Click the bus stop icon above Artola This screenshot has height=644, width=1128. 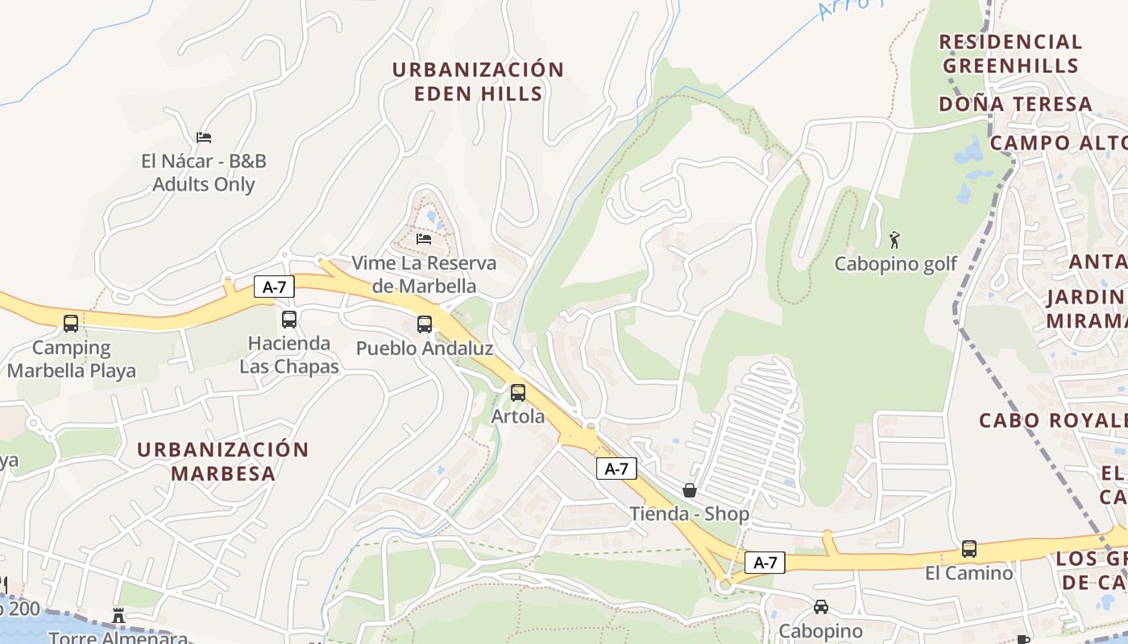coord(518,393)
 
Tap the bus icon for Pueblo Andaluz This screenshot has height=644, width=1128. coord(425,324)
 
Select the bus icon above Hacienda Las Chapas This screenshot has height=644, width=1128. coord(289,320)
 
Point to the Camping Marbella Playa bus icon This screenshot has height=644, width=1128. coord(71,324)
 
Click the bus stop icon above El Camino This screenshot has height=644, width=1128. coord(969,549)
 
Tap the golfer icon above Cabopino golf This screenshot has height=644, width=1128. coord(894,239)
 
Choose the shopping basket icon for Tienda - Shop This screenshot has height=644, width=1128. coord(690,489)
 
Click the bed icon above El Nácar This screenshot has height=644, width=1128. coord(204,138)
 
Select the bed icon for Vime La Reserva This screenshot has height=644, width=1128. coord(424,238)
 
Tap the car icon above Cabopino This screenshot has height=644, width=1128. coord(821,607)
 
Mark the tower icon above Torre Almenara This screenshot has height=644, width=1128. coord(118,616)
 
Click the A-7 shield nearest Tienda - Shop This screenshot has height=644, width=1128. coord(616,469)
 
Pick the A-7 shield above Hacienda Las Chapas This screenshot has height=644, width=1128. coord(274,287)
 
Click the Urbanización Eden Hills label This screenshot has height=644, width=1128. coord(478,81)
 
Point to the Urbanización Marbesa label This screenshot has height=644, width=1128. coord(223,461)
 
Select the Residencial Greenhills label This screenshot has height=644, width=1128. coord(1010,53)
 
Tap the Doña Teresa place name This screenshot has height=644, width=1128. coord(1015,104)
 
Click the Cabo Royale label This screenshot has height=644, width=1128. coord(1052,420)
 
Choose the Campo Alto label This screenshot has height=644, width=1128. coord(1058,143)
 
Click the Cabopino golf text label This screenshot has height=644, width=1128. coord(896,264)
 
